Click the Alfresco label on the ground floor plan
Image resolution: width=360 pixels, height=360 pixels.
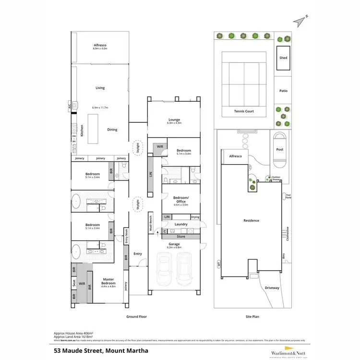tap(100, 46)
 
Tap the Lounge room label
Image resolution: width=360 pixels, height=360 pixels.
tap(174, 120)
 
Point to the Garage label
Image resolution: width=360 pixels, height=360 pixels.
tap(174, 244)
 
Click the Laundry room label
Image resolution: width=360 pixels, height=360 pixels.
tap(181, 224)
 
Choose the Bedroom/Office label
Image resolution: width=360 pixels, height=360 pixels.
tap(180, 200)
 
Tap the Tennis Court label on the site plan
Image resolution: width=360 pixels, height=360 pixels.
tap(244, 111)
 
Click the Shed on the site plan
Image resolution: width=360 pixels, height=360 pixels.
tap(283, 58)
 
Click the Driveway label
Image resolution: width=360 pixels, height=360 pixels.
tap(272, 288)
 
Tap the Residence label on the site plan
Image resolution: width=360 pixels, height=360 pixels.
tap(251, 220)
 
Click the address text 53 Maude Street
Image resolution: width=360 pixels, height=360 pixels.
tap(101, 350)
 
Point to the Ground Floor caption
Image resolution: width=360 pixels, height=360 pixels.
tap(136, 317)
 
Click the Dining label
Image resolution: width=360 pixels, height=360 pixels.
tap(112, 130)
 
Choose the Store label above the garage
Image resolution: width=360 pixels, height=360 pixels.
tap(181, 236)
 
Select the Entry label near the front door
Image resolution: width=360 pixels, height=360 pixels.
tap(138, 253)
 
